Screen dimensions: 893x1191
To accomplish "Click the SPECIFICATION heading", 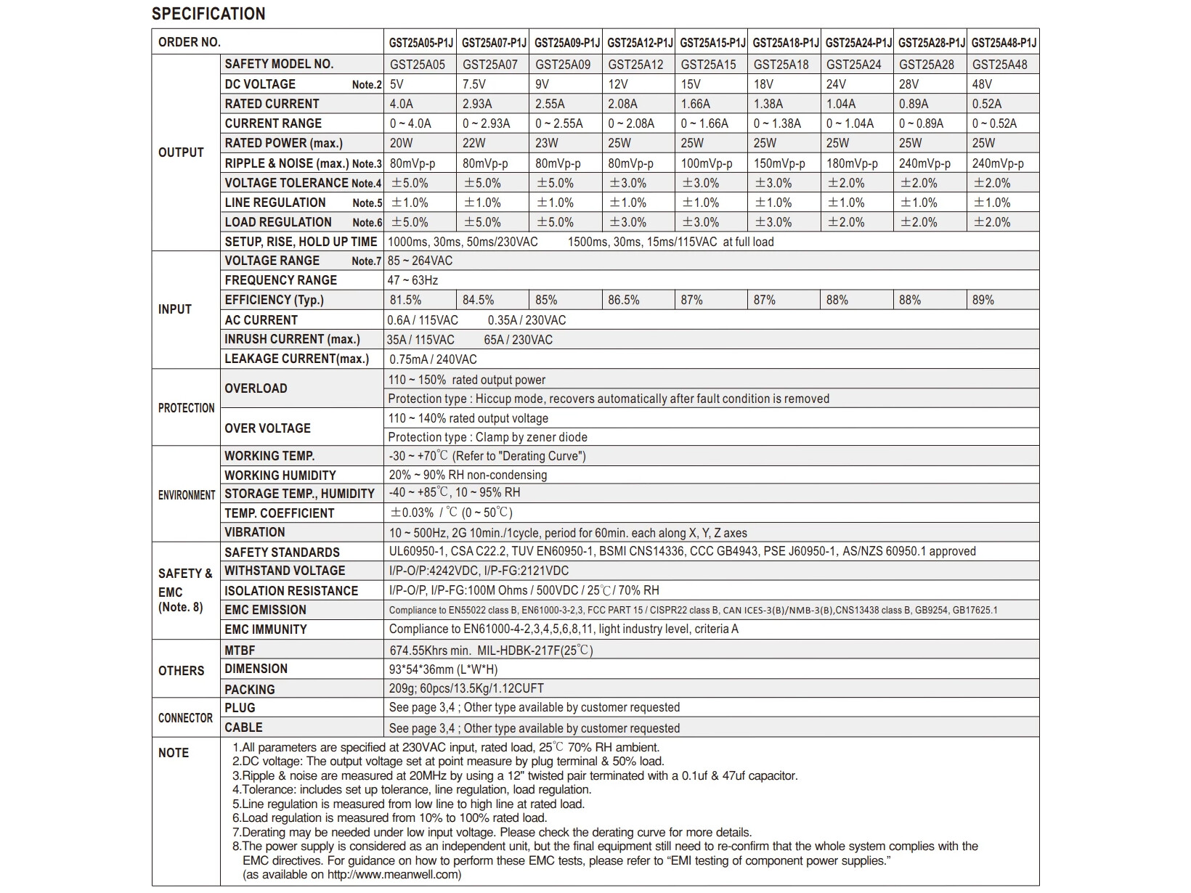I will coord(208,14).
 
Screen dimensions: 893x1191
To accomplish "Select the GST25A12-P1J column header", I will coord(640,43).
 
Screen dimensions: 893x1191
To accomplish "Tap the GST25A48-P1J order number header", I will coord(1004,43).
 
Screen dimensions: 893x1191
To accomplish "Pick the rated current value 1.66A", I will coord(696,104).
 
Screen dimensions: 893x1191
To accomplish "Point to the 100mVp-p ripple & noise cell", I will coord(707,163).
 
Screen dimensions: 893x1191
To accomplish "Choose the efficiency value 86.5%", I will coord(624,300).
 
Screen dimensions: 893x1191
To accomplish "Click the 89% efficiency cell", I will coord(983,300).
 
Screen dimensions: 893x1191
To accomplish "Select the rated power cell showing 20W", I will coord(402,143).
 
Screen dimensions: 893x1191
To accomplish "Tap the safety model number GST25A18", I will coord(781,65).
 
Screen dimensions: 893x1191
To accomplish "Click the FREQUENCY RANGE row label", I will coord(280,280).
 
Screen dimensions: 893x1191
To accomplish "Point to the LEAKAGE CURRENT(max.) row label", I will coord(296,359).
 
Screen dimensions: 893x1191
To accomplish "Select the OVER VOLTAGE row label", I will coord(267,428).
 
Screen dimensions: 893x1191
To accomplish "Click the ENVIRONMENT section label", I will coord(187,495).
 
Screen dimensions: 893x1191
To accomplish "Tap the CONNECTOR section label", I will coord(185,718).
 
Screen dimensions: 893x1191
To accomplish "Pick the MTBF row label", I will coord(240,651).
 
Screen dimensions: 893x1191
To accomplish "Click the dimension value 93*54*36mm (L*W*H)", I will coord(443,669).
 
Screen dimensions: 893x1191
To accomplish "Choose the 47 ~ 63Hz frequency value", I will coord(412,280).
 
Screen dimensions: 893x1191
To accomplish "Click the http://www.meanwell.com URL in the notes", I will coord(393,874).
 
